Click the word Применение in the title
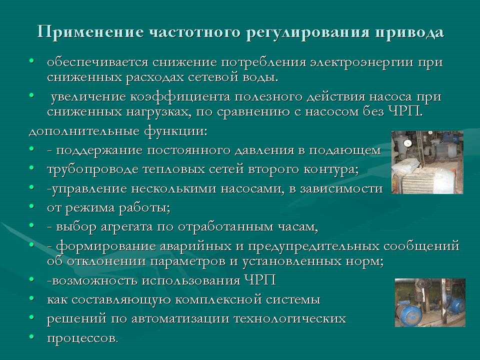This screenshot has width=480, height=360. coord(90,32)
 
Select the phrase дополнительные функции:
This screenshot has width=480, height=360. coord(118,131)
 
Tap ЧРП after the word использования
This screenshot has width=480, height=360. coord(260,280)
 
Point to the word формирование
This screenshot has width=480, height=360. coord(106,246)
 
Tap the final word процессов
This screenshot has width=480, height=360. coord(82,338)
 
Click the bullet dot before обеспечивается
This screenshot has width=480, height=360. coord(31,61)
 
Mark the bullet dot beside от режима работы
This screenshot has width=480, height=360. coord(31,206)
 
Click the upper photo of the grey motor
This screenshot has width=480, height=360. coord(427,162)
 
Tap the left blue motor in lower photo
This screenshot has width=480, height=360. coord(408,312)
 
